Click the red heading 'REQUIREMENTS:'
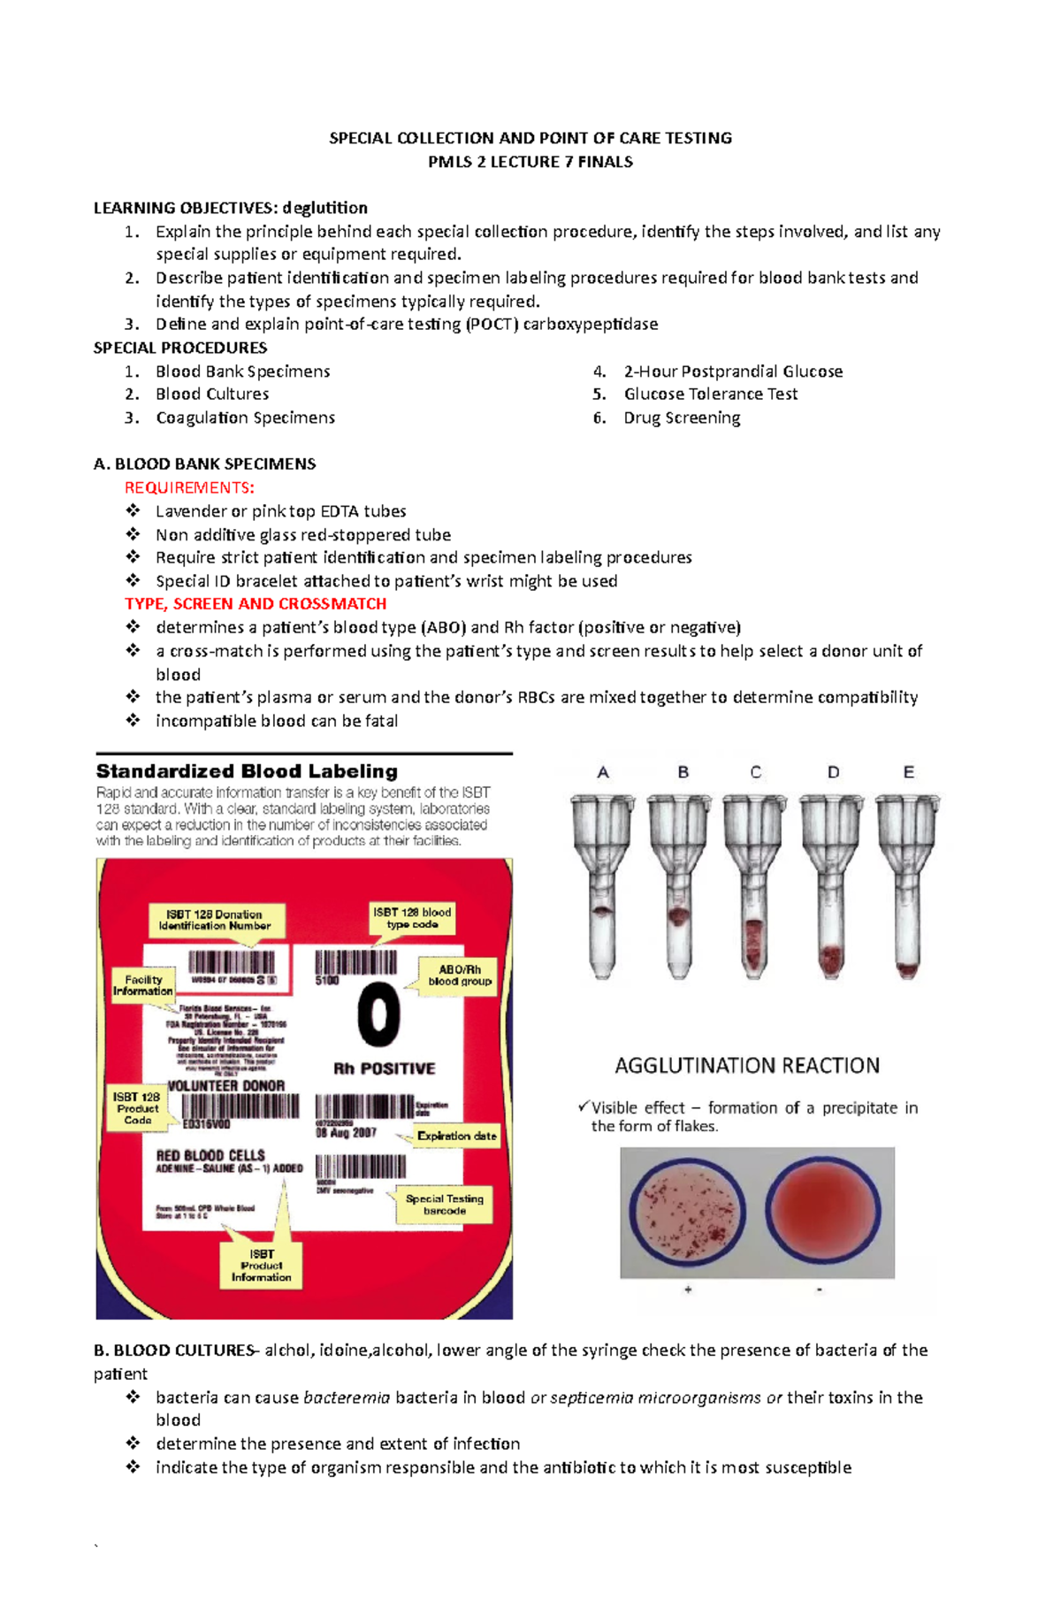click(x=189, y=487)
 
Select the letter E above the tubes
click(x=908, y=772)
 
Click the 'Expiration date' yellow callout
click(x=456, y=1136)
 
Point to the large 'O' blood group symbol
click(x=379, y=1014)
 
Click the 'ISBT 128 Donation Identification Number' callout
click(x=215, y=920)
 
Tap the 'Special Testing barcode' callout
click(x=444, y=1205)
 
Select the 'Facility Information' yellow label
click(x=142, y=985)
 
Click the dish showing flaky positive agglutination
click(x=686, y=1212)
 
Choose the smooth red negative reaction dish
click(x=822, y=1212)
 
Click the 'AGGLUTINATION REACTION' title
click(x=747, y=1066)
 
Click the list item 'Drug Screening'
click(x=682, y=417)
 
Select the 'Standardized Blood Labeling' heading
click(x=247, y=771)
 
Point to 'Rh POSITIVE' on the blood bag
click(x=384, y=1068)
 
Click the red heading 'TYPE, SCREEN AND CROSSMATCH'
click(x=256, y=603)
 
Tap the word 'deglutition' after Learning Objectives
click(x=324, y=208)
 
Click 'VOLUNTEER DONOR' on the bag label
click(x=226, y=1085)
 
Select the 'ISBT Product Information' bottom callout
click(x=261, y=1266)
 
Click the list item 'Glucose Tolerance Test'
click(x=710, y=394)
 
